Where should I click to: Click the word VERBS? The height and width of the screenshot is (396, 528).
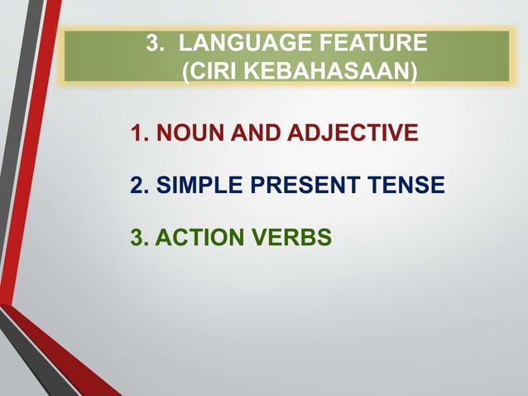[x=293, y=239]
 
